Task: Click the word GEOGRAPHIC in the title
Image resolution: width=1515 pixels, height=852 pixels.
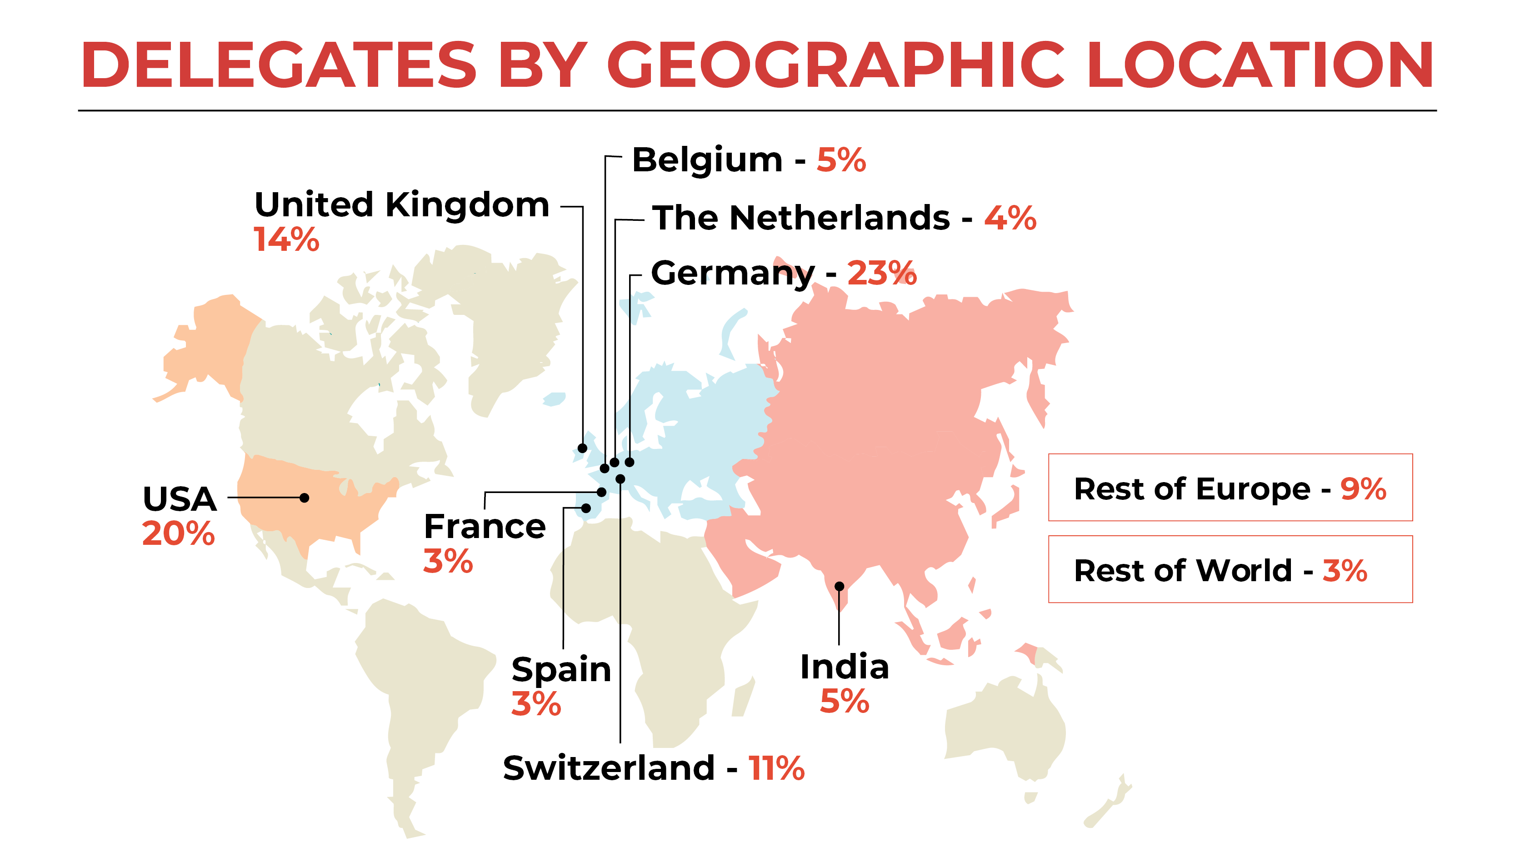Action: (835, 65)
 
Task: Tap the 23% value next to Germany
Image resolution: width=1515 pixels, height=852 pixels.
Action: (881, 274)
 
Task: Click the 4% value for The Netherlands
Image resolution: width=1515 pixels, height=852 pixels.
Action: (1010, 218)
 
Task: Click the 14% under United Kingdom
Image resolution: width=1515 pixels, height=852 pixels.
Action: (286, 240)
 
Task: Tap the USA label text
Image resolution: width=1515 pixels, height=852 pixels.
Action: (180, 499)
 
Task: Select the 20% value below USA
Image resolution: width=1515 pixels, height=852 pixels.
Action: (179, 534)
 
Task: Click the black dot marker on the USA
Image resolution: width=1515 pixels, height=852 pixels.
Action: (304, 498)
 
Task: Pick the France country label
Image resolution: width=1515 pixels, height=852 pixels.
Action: (485, 526)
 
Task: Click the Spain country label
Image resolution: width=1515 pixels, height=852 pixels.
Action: (561, 669)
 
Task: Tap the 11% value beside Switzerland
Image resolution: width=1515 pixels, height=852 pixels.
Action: (776, 768)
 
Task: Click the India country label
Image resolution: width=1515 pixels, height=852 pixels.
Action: (845, 667)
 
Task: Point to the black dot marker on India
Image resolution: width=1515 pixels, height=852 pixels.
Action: (839, 586)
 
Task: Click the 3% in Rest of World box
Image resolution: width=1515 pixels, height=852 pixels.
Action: (1345, 570)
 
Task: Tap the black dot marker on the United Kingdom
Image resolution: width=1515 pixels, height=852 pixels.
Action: (582, 448)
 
